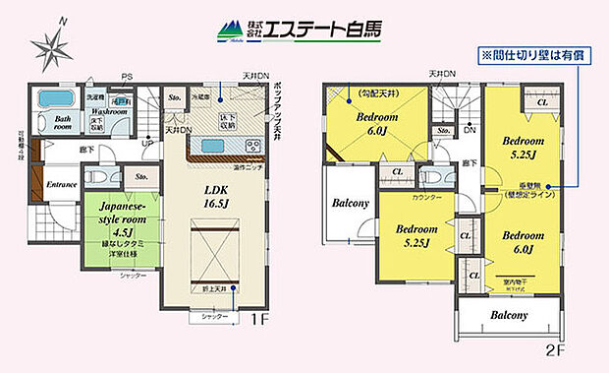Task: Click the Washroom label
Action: pos(110,112)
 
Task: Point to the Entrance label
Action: pos(61,184)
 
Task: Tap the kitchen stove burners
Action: pos(253,148)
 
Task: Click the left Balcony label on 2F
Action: pos(350,204)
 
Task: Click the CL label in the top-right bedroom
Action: pos(542,99)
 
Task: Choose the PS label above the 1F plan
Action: pos(127,77)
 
